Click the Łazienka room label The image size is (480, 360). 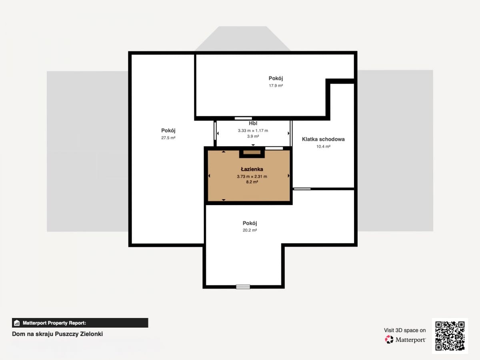click(252, 169)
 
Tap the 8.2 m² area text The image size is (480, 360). click(252, 182)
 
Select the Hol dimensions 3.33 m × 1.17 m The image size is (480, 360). click(253, 130)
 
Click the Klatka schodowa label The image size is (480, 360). click(323, 139)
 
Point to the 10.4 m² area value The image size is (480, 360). click(323, 146)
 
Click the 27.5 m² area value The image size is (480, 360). click(168, 138)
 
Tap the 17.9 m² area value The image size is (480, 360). click(276, 86)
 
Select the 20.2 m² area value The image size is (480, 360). click(250, 230)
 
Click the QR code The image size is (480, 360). click(450, 336)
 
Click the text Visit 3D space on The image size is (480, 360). click(405, 330)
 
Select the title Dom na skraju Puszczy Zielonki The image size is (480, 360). click(57, 334)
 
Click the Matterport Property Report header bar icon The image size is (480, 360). click(17, 323)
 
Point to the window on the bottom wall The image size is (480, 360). click(243, 287)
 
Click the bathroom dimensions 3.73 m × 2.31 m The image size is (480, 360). click(252, 176)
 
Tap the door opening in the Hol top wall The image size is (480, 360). click(243, 118)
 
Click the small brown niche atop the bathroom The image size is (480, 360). click(252, 152)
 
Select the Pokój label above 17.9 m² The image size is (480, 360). click(276, 78)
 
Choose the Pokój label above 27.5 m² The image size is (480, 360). click(168, 130)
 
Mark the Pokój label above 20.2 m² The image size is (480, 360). click(250, 223)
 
